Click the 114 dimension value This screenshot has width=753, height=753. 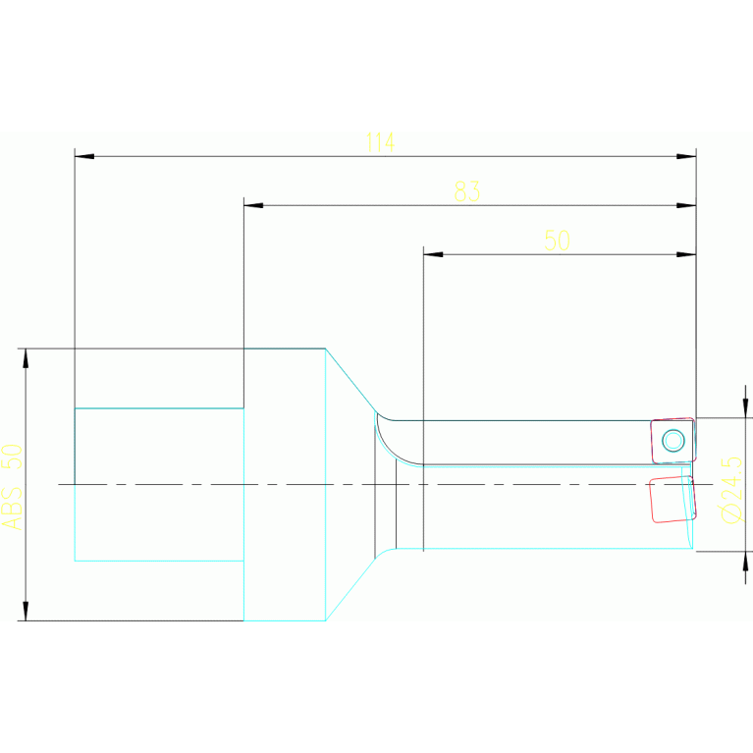pyautogui.click(x=380, y=142)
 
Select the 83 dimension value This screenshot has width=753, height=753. pyautogui.click(x=467, y=191)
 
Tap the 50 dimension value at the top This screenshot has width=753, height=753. pyautogui.click(x=557, y=241)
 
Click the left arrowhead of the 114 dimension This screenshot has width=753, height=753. pyautogui.click(x=84, y=156)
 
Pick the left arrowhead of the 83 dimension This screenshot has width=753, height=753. pyautogui.click(x=253, y=205)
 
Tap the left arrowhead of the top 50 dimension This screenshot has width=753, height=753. pyautogui.click(x=433, y=254)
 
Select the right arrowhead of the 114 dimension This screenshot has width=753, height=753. pyautogui.click(x=686, y=156)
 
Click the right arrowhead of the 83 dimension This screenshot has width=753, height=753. pyautogui.click(x=686, y=205)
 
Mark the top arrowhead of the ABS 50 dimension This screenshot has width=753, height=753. pyautogui.click(x=26, y=358)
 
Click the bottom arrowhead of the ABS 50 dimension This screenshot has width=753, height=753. pyautogui.click(x=26, y=610)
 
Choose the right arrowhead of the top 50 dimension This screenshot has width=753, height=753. pyautogui.click(x=686, y=254)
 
